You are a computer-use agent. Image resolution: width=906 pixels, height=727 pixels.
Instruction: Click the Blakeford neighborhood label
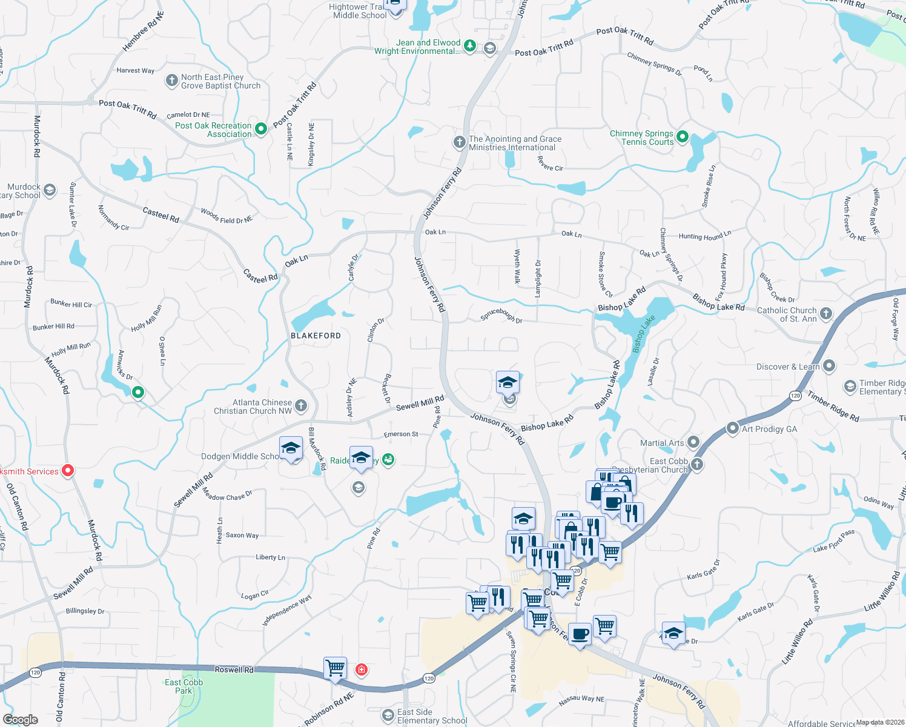[316, 336]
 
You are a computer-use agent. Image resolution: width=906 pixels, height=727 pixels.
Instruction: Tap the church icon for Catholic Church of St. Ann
[826, 314]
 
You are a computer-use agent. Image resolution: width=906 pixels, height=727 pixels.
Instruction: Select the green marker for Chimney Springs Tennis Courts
[683, 137]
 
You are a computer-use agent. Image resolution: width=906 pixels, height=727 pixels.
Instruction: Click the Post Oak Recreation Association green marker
[261, 128]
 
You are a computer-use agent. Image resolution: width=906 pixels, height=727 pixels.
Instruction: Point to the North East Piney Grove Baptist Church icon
[171, 80]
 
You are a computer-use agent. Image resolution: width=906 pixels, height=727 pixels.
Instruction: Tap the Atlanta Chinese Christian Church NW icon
[301, 406]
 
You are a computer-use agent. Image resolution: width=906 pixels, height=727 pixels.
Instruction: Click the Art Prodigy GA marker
[733, 428]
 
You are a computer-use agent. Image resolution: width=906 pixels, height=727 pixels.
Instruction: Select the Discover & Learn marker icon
[829, 366]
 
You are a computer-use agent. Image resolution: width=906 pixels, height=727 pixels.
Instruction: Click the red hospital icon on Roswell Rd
[362, 669]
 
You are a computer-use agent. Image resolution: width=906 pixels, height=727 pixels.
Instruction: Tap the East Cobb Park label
[184, 686]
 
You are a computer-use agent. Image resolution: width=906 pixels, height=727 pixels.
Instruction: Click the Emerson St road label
[401, 434]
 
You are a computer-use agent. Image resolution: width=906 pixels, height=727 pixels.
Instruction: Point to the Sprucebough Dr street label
[501, 316]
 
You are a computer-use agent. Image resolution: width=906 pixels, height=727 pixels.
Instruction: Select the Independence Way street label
[287, 610]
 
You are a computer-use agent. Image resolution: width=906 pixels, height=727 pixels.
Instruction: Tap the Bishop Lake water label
[644, 334]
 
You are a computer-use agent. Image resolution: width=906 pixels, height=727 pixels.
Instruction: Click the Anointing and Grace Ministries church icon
[460, 142]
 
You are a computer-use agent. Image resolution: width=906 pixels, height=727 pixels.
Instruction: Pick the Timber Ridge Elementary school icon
[850, 386]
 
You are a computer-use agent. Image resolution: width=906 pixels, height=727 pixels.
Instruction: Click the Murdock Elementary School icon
[50, 190]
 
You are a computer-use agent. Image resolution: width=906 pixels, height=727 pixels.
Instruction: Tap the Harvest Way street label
[136, 71]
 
